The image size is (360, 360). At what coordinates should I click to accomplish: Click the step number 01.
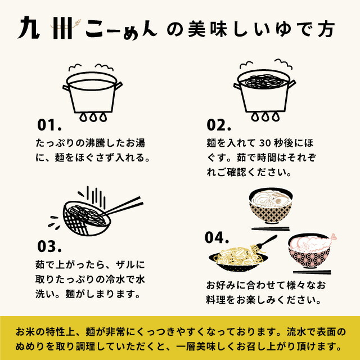point(49,125)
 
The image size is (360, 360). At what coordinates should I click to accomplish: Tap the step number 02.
point(219,125)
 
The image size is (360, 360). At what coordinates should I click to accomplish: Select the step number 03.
point(49,246)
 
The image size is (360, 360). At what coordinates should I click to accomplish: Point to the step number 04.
point(217,237)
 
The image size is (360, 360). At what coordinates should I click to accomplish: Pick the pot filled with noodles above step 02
point(264,91)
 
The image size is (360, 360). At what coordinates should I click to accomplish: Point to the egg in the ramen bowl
point(278,201)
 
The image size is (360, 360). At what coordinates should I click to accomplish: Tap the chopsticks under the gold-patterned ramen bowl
point(271,229)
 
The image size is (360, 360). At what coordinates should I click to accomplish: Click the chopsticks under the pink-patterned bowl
point(312,272)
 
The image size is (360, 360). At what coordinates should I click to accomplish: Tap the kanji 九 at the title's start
point(29,28)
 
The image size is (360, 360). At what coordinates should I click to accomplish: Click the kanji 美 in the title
point(197,29)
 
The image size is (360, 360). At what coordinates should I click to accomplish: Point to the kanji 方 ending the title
point(326,29)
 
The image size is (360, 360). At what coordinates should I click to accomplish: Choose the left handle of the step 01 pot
point(66,88)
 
